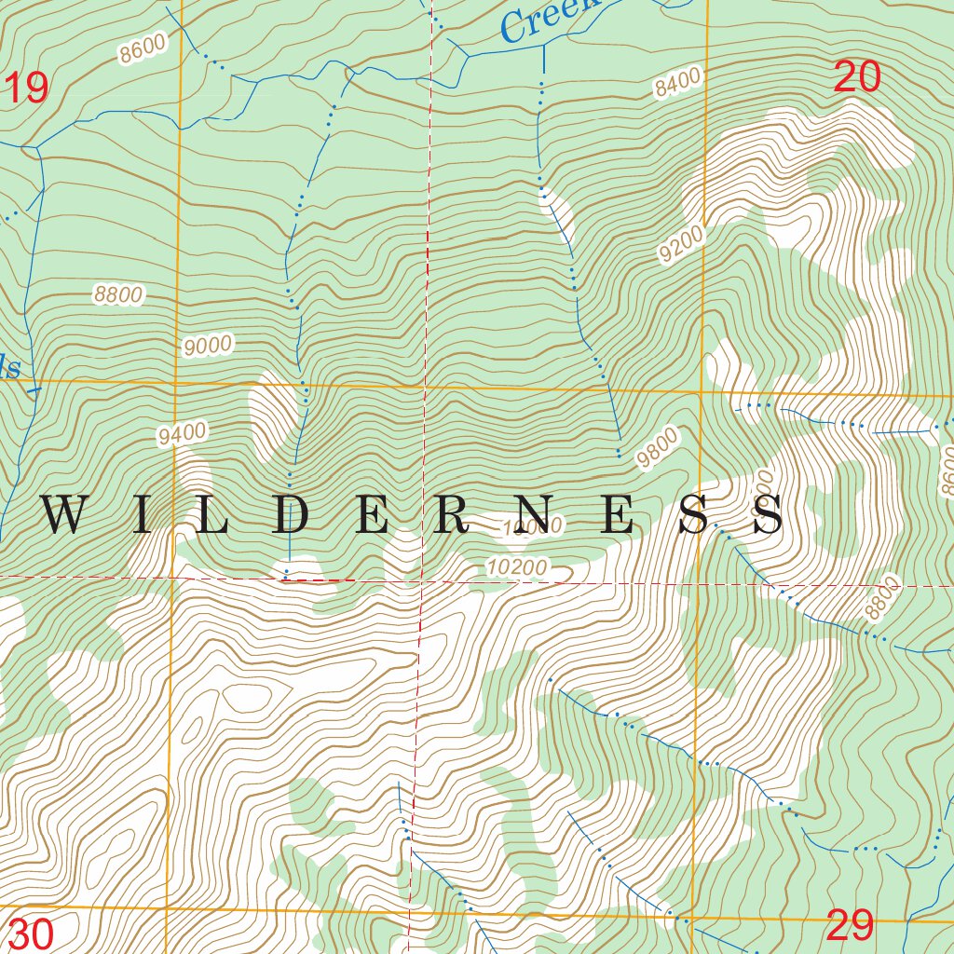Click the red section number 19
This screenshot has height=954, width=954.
[26, 89]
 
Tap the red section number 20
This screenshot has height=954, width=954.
[857, 77]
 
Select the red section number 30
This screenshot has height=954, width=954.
[30, 934]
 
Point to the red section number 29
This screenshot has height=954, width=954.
[850, 926]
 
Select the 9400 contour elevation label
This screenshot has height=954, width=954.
[182, 434]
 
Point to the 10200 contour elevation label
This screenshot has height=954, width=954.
[517, 566]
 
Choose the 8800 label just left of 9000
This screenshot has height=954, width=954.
[118, 295]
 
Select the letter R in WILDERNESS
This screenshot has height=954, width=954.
[454, 515]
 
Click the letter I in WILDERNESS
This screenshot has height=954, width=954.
[142, 515]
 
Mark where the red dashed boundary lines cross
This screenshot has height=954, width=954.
[422, 581]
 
